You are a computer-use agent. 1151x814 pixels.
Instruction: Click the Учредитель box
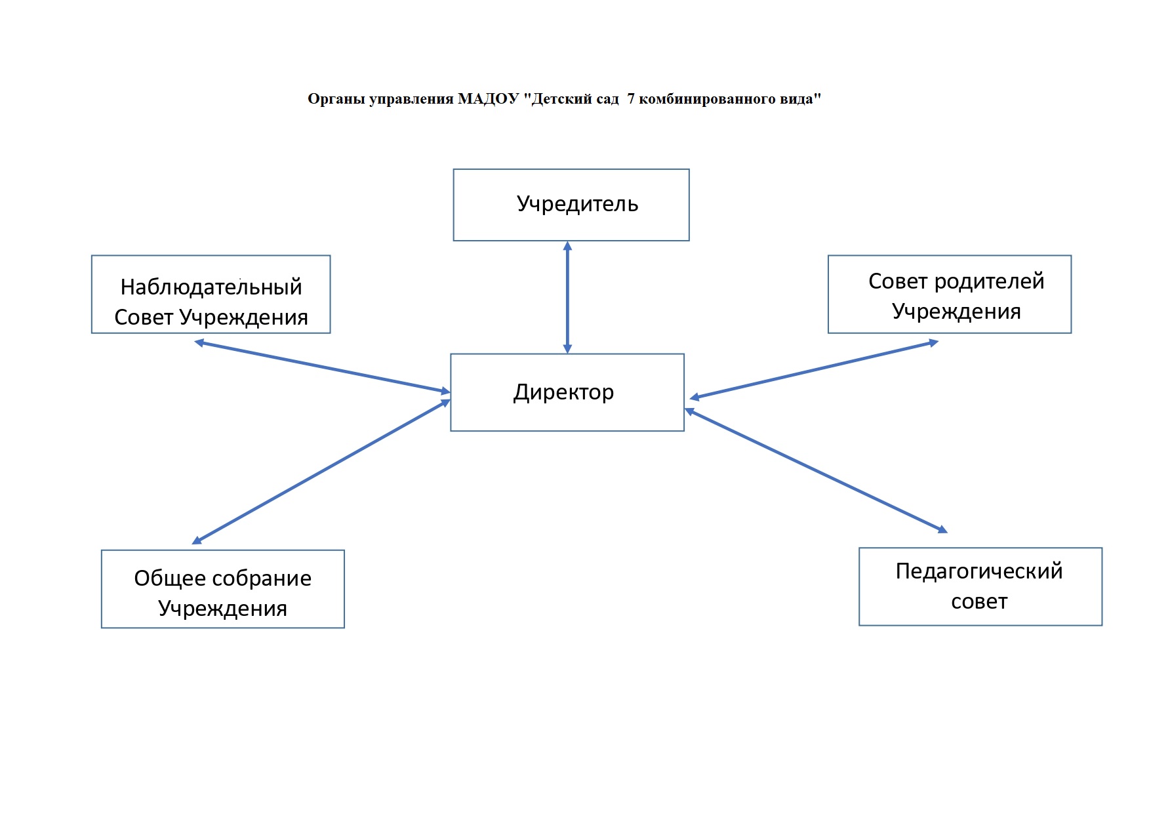[571, 205]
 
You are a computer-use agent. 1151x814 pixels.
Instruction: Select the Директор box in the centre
[567, 392]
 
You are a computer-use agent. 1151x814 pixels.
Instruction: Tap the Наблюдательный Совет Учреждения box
[211, 295]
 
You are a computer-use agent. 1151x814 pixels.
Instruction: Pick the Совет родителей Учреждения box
[950, 295]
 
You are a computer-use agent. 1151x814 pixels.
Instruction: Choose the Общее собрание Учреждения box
[223, 589]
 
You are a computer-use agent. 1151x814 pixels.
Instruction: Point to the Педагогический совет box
[980, 586]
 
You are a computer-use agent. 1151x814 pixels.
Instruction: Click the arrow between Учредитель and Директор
[567, 298]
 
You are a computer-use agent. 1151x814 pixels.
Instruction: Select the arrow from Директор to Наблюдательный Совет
[323, 367]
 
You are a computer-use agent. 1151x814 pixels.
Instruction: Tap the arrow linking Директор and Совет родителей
[814, 370]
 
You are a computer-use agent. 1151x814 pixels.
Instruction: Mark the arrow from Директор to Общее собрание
[321, 472]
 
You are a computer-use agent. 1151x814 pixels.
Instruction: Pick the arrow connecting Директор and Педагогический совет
[817, 470]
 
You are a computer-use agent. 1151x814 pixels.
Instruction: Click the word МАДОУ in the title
[489, 99]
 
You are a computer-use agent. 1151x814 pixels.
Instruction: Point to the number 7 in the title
[631, 99]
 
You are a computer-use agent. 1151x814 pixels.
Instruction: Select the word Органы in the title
[336, 100]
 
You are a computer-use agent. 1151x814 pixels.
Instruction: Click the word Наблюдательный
[211, 287]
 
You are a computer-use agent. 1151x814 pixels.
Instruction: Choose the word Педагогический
[979, 571]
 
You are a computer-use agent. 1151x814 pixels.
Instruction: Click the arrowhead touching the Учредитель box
[567, 246]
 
